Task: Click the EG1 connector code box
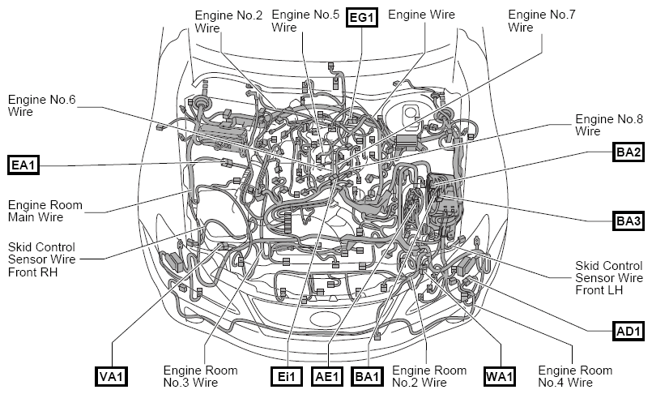(x=362, y=18)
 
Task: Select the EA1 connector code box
(x=23, y=165)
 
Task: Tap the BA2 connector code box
(x=629, y=152)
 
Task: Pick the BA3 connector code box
(x=629, y=221)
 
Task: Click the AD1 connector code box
(x=629, y=331)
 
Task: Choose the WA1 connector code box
(x=500, y=377)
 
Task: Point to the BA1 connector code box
(x=368, y=377)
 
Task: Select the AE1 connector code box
(x=328, y=377)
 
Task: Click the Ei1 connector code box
(x=287, y=377)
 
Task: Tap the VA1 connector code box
(x=112, y=377)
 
